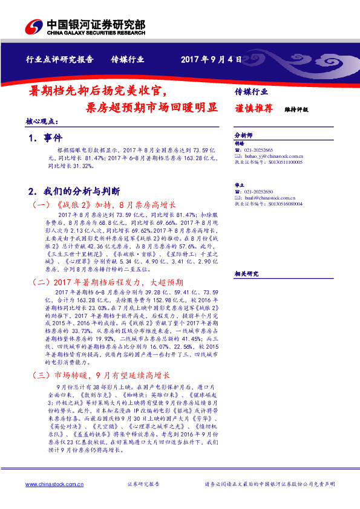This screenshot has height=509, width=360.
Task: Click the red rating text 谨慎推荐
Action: [254, 109]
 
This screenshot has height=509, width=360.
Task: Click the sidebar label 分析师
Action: [243, 136]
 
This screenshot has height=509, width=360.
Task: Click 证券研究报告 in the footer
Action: [143, 484]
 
